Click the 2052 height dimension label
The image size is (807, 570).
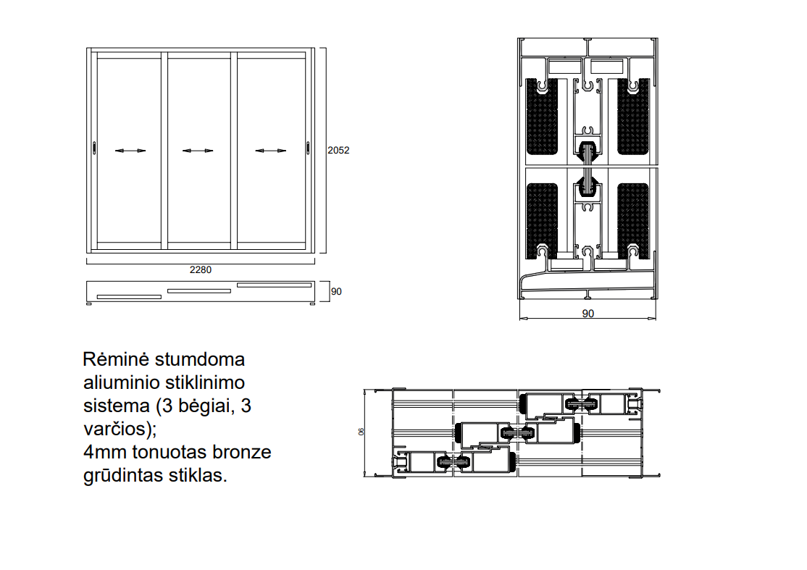pyautogui.click(x=338, y=150)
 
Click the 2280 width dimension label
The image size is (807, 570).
pyautogui.click(x=200, y=269)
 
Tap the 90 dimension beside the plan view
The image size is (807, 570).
pyautogui.click(x=336, y=292)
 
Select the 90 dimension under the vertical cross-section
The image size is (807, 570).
pyautogui.click(x=588, y=314)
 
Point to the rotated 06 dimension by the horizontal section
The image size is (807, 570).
pyautogui.click(x=361, y=432)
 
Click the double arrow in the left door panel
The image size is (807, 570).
pyautogui.click(x=130, y=151)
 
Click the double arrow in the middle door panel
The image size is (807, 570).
pyautogui.click(x=198, y=151)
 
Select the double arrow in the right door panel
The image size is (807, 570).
pyautogui.click(x=271, y=151)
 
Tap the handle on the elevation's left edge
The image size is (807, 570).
pyautogui.click(x=94, y=148)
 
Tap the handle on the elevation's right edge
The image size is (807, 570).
pyautogui.click(x=308, y=148)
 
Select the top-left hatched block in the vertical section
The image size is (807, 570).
pyautogui.click(x=542, y=117)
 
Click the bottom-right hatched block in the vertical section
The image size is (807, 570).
pyautogui.click(x=633, y=221)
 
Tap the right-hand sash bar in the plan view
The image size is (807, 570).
pyautogui.click(x=275, y=285)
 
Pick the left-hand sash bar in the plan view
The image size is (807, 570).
pyautogui.click(x=129, y=297)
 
